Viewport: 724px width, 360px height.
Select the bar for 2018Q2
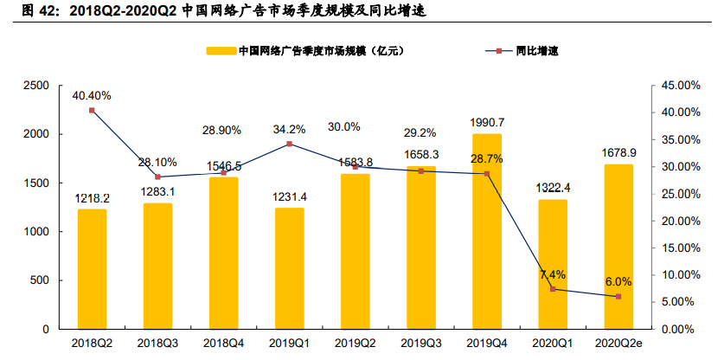click(92, 269)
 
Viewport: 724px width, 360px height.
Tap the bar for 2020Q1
click(553, 264)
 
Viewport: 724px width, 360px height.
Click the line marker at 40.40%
click(92, 111)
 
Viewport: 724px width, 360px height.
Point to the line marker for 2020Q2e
click(618, 297)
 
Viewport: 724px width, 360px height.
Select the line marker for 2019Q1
click(290, 144)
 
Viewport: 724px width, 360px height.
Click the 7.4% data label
click(553, 274)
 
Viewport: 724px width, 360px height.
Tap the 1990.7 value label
click(487, 122)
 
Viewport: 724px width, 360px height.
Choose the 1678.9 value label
click(618, 152)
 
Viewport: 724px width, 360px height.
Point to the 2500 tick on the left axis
click(35, 86)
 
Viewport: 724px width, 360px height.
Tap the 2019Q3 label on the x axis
click(421, 344)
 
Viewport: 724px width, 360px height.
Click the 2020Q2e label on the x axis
click(618, 344)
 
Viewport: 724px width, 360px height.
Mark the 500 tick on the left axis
click(41, 280)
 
